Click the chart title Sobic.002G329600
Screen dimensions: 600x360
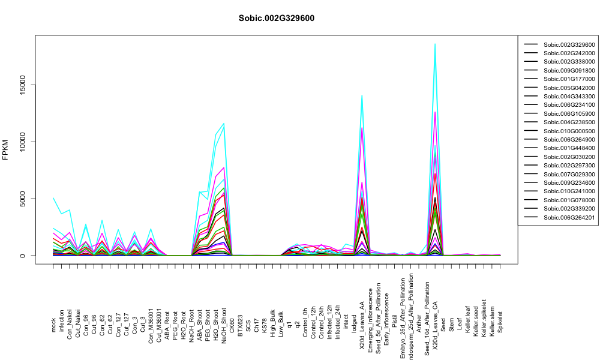click(x=276, y=19)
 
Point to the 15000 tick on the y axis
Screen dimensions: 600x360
click(x=22, y=85)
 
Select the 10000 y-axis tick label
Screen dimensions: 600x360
click(x=22, y=142)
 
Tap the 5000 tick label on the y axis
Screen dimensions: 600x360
click(x=22, y=199)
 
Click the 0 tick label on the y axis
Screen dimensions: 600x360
click(x=22, y=256)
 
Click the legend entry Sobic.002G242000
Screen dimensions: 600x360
click(x=569, y=53)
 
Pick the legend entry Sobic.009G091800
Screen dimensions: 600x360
click(x=569, y=70)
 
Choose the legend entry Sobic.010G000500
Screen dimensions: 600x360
click(x=569, y=131)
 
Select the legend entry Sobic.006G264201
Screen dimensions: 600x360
click(x=569, y=217)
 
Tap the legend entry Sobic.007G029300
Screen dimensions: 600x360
click(x=569, y=174)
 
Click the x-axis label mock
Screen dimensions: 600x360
click(x=53, y=325)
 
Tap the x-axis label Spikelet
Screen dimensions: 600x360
click(x=500, y=322)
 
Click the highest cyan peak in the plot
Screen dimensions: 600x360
click(x=435, y=44)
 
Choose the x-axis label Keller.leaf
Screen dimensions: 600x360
click(x=467, y=319)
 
